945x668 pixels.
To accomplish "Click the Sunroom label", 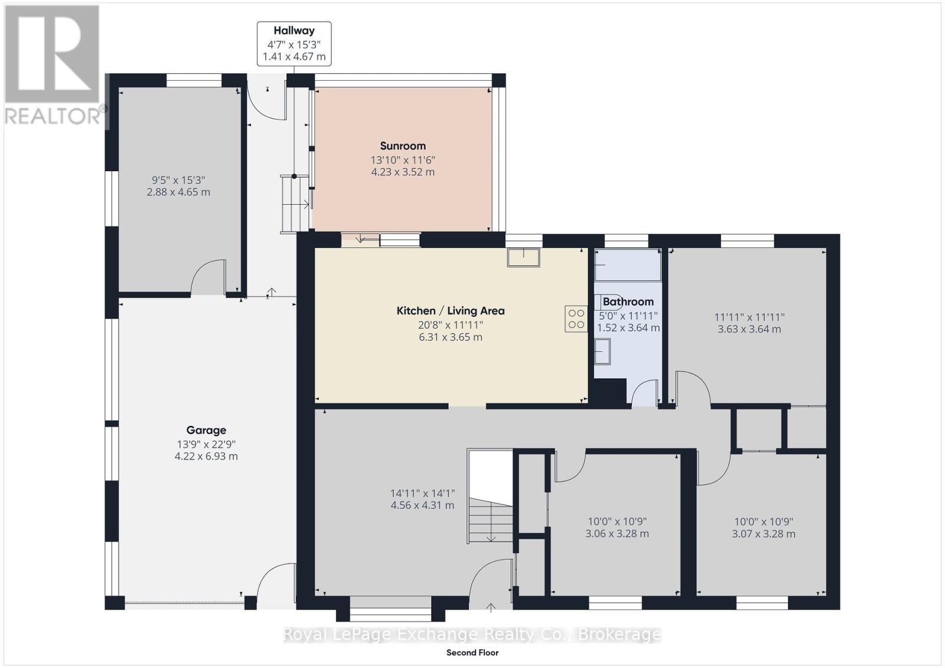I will (403, 146).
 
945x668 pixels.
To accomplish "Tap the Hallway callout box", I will (294, 44).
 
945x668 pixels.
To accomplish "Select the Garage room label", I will (206, 430).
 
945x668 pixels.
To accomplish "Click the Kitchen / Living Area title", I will (450, 310).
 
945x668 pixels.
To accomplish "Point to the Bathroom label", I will (628, 302).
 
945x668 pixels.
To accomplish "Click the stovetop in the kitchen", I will (576, 319).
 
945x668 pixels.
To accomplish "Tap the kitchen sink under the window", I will (523, 258).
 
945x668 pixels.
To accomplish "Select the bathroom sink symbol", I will (602, 352).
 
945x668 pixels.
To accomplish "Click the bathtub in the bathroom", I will (628, 265).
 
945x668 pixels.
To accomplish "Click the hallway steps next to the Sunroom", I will (295, 204).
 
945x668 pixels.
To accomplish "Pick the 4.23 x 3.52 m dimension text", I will (403, 172).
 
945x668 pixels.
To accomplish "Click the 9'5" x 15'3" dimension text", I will (178, 180).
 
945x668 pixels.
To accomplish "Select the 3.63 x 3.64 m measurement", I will (749, 329).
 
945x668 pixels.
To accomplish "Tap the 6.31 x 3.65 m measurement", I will (450, 338).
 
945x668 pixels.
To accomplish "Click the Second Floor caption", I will (472, 653).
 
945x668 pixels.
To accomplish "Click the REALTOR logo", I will (53, 65).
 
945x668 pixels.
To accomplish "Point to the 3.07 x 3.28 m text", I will (763, 534).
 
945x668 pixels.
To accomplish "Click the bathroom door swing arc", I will (644, 392).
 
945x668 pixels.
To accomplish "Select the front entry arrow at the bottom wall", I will (491, 607).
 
